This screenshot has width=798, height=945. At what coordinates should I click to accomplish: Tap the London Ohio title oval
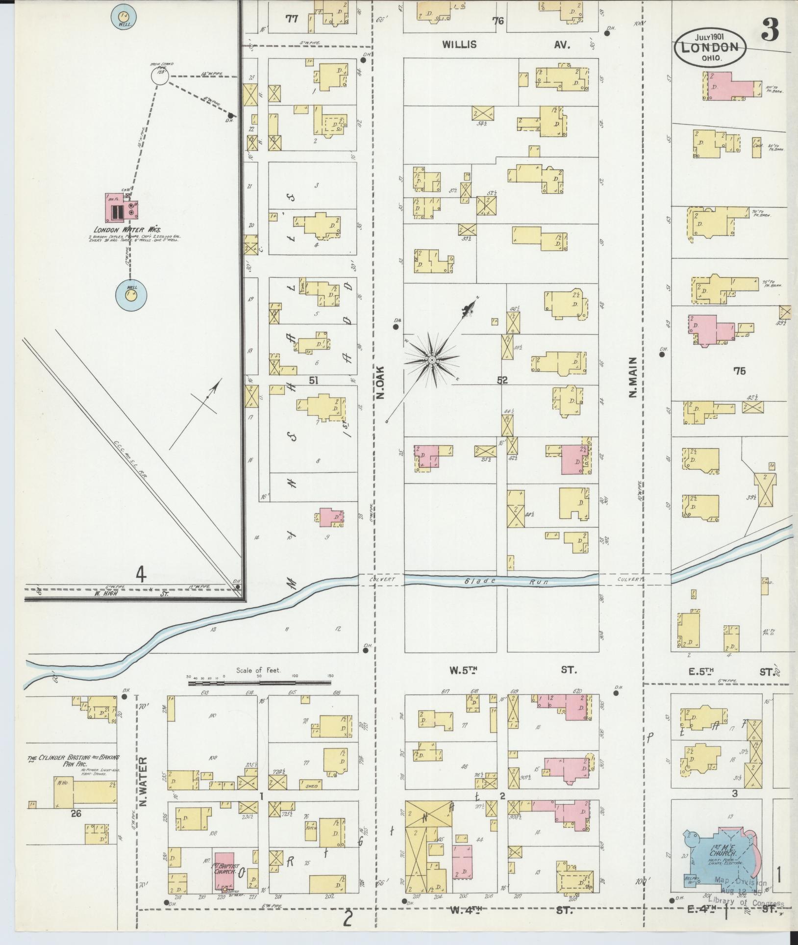tap(711, 48)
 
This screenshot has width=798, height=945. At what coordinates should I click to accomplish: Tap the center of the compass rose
tap(432, 360)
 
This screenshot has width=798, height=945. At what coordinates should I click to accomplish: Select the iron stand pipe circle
tap(159, 77)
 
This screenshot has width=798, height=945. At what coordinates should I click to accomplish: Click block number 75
tap(739, 371)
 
